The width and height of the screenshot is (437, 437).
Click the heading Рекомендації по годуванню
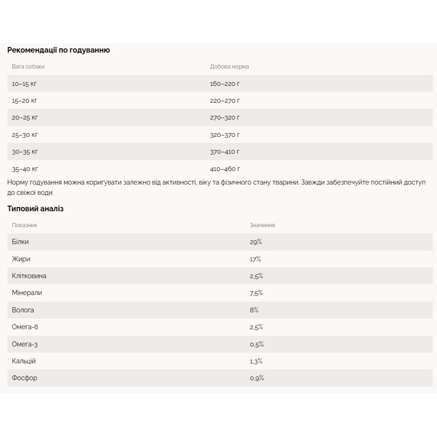(59, 50)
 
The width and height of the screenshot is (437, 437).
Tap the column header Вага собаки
(28, 67)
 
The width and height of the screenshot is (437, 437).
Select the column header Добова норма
(229, 67)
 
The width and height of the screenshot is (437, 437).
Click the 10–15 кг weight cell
(24, 83)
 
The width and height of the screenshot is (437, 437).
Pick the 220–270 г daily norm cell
(225, 101)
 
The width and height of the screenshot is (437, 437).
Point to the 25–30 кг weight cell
(24, 135)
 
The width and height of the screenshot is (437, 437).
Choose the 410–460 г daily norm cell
(225, 169)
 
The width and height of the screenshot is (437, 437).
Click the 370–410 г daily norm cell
(225, 152)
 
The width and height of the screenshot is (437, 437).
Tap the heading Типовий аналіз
(35, 209)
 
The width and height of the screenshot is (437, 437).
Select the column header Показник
(24, 225)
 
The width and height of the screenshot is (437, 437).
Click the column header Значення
(262, 225)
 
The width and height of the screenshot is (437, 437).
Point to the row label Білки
(21, 242)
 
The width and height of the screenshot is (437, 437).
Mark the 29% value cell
(256, 242)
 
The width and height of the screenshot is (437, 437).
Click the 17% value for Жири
(255, 259)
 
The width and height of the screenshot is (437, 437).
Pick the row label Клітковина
(29, 276)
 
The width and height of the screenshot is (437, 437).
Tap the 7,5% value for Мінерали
(256, 293)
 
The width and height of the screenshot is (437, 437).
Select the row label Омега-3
(24, 344)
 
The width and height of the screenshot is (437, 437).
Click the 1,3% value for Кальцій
(256, 361)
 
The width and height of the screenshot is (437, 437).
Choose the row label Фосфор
(24, 378)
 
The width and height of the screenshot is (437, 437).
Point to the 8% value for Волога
(254, 310)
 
